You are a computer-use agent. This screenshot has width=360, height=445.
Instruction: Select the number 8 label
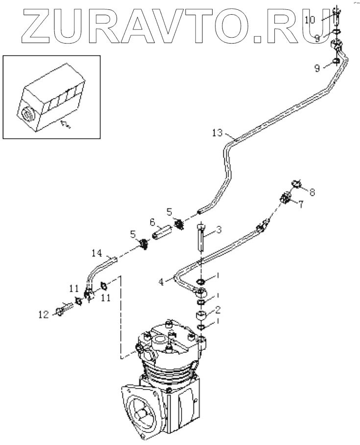312,192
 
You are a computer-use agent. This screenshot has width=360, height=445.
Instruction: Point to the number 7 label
301,204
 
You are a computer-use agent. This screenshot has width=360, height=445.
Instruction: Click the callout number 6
152,222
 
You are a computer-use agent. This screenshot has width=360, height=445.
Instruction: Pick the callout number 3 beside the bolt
219,229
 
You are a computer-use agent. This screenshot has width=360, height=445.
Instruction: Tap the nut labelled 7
285,199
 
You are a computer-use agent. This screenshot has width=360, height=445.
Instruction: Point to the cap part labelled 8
295,184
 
